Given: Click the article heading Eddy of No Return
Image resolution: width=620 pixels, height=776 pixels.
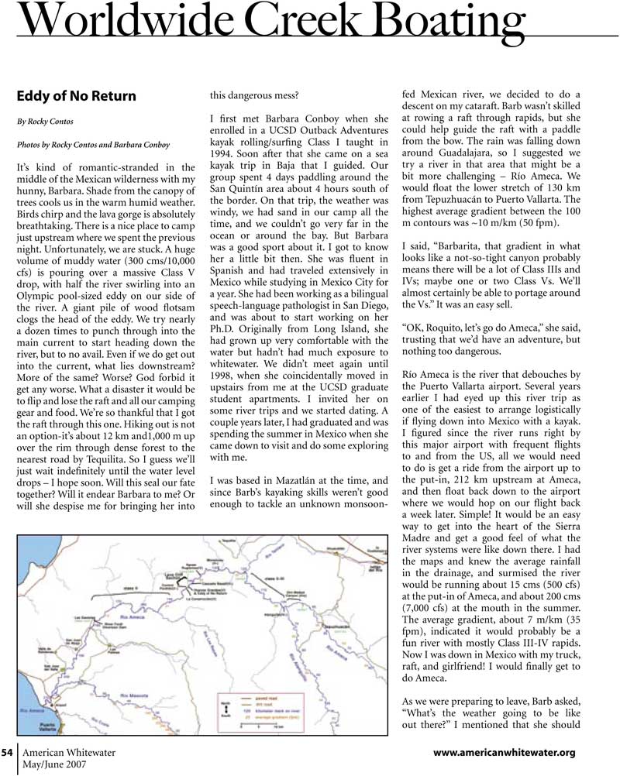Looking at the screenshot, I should (76, 97).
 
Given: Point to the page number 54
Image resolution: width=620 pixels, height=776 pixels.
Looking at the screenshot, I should (8, 752).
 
